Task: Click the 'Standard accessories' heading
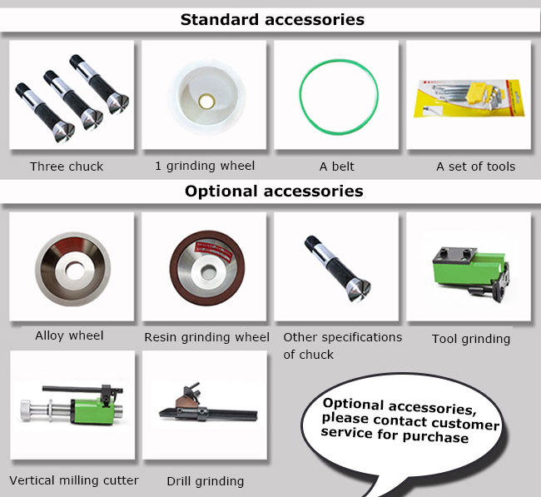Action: (272, 20)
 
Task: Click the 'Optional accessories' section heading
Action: (274, 191)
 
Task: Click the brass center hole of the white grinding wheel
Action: (206, 102)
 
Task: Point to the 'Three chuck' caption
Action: (67, 166)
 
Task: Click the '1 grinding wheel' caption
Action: (205, 166)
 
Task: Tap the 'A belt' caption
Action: (337, 166)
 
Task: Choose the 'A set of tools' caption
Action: (476, 166)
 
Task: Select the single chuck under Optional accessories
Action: (337, 269)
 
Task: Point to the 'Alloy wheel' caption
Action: (69, 335)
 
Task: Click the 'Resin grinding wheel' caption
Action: (206, 337)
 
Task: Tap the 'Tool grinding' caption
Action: (471, 340)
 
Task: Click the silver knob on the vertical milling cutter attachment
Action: (26, 410)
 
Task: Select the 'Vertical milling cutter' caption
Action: (74, 480)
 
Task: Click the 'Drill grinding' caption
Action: (206, 481)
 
